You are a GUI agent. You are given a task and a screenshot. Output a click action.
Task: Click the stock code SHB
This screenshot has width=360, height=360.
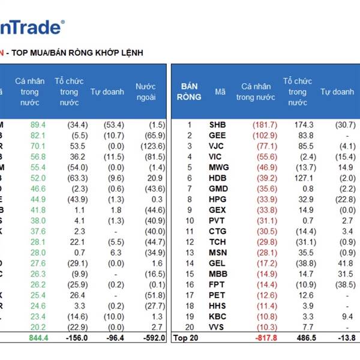[x=218, y=125]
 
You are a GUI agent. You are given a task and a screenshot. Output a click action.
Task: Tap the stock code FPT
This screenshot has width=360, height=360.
[x=218, y=284]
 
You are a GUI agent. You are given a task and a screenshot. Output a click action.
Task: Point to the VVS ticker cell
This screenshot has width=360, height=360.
[x=218, y=327]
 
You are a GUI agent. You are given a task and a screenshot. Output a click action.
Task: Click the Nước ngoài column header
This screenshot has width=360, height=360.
[x=146, y=92]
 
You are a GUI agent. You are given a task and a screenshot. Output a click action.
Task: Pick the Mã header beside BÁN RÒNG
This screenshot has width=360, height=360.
[x=220, y=92]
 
